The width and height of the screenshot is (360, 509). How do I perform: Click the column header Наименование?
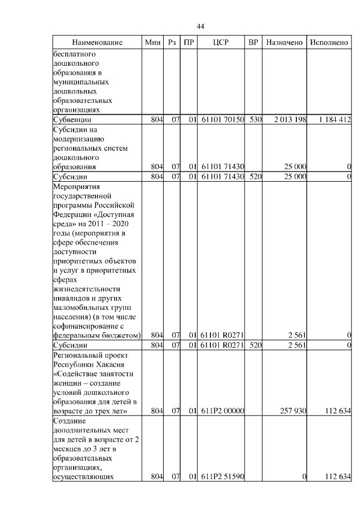tap(97, 43)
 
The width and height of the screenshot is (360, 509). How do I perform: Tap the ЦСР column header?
tap(221, 43)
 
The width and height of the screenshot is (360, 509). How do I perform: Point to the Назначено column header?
tap(285, 43)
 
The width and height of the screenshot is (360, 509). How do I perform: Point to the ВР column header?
tap(254, 43)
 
